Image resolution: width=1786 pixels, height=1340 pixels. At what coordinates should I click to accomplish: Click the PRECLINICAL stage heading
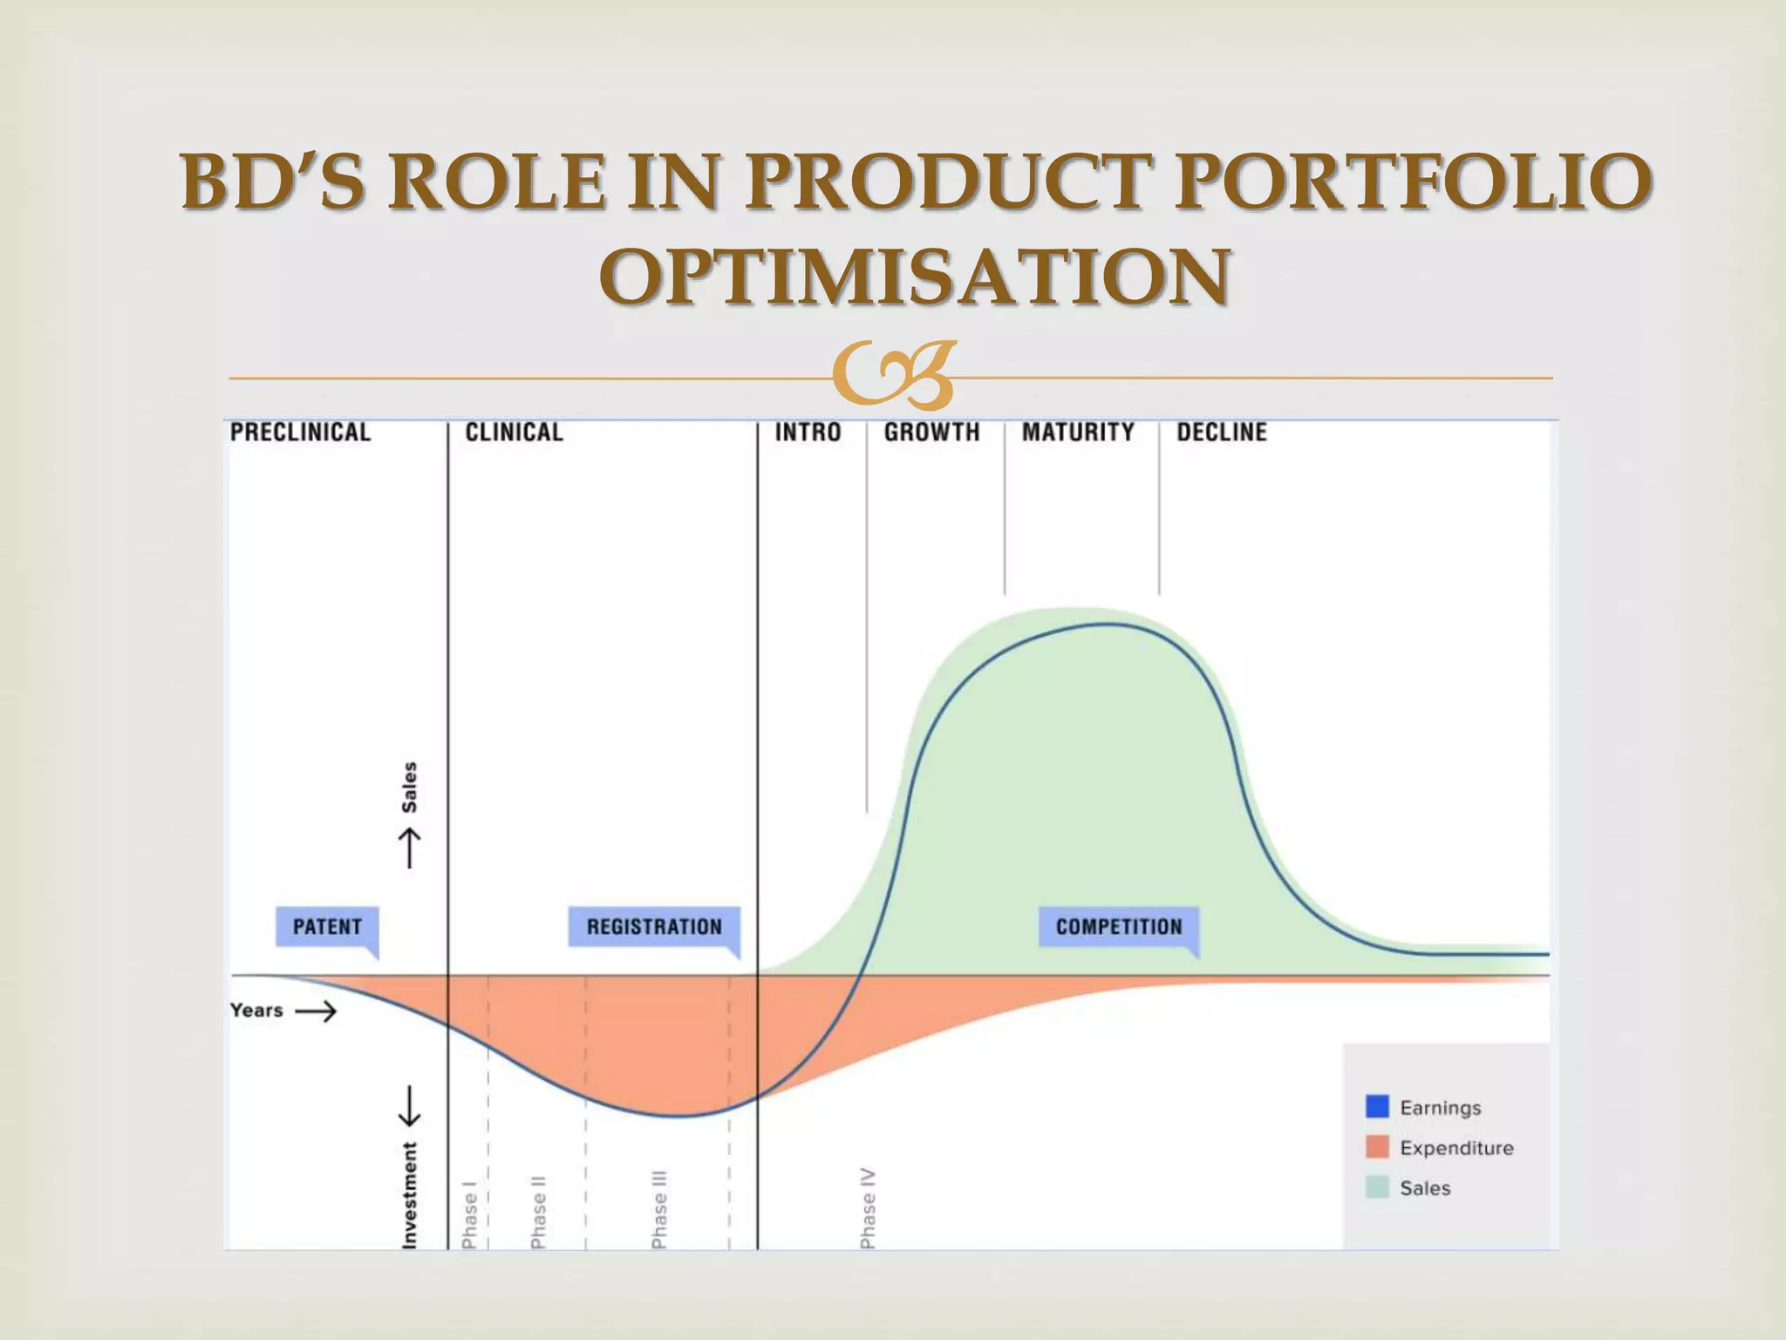[300, 432]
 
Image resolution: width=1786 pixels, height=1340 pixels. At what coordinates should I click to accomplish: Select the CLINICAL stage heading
[514, 432]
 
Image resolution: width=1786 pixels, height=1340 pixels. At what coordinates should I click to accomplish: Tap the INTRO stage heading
[808, 432]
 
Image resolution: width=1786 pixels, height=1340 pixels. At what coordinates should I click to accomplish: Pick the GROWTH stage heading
[931, 432]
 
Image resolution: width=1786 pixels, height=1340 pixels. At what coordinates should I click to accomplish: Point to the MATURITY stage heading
[1078, 432]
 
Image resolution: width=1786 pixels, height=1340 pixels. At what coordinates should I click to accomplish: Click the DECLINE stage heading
[1221, 432]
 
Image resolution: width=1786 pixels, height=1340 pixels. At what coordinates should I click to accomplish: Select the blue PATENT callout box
[327, 926]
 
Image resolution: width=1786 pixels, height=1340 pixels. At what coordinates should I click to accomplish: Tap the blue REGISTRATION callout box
[654, 926]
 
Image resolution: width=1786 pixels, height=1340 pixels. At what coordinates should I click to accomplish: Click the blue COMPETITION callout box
[1119, 926]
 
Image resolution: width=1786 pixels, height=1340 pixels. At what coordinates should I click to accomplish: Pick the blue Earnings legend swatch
[1377, 1106]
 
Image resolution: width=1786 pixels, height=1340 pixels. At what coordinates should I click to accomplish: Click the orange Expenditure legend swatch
[1377, 1147]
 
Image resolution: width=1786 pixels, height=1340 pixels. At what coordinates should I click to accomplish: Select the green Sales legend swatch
[1377, 1187]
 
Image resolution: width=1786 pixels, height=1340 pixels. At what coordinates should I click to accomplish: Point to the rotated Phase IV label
[868, 1207]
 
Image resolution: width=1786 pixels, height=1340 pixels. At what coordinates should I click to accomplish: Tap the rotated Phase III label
[660, 1209]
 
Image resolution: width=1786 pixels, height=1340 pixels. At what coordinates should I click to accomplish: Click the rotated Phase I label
[469, 1214]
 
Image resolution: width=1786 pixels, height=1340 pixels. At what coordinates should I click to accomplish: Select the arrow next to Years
[316, 1011]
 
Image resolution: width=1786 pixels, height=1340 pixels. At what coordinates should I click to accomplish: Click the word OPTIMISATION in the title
[915, 277]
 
